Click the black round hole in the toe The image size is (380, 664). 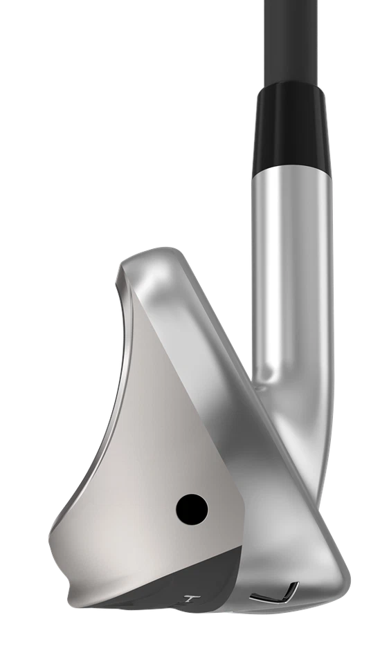192,510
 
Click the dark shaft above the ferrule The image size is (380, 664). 296,35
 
